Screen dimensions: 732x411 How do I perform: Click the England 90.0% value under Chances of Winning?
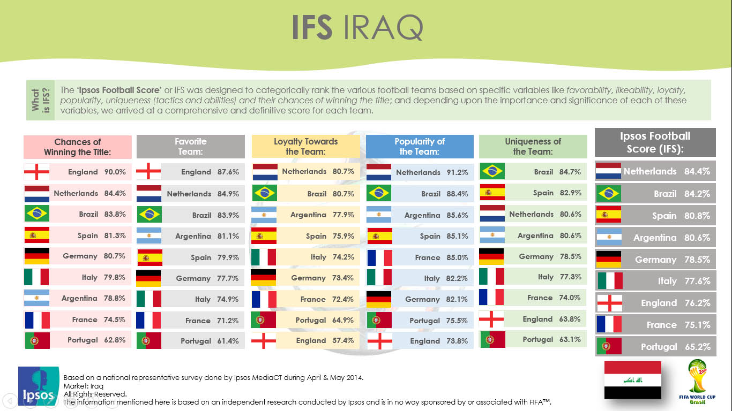[x=115, y=172]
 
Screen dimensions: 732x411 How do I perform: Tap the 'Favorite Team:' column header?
[x=191, y=147]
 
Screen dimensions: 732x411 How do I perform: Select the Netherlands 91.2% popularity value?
[x=457, y=172]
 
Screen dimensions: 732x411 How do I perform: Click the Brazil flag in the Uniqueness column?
[x=492, y=171]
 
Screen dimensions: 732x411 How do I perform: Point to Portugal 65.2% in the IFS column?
[x=675, y=347]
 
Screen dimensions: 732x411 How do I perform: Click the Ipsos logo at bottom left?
[x=39, y=386]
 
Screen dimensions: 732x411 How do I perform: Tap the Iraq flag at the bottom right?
[x=633, y=380]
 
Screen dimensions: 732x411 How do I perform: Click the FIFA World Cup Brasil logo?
[x=697, y=382]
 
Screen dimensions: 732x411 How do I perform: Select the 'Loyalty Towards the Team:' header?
[x=305, y=147]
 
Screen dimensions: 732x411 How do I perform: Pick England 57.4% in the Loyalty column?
[x=325, y=340]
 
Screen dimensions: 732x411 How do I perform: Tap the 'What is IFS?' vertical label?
[x=41, y=100]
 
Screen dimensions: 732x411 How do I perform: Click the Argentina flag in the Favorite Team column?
[x=148, y=235]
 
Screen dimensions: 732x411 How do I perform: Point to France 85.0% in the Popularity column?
[x=442, y=257]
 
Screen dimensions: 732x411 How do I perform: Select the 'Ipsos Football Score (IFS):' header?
[x=655, y=142]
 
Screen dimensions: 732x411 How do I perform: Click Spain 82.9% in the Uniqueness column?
[x=557, y=193]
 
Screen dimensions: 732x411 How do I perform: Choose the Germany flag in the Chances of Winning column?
[x=37, y=256]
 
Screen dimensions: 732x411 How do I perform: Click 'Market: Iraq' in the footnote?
[x=84, y=386]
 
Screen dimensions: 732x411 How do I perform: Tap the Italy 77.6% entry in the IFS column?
[x=684, y=281]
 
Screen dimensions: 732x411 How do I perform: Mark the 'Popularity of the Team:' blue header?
[x=420, y=147]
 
